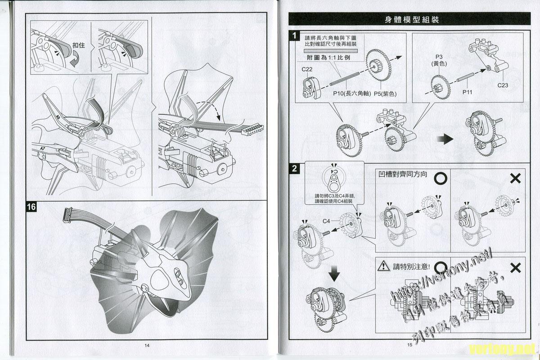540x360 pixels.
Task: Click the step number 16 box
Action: coord(31,207)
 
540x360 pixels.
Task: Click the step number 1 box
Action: coord(294,36)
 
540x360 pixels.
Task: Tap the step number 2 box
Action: coord(294,169)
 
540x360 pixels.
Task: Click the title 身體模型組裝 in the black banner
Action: coord(412,19)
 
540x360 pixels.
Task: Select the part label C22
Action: coord(307,69)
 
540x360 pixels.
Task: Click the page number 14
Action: coord(147,346)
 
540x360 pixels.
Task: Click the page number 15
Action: coord(409,346)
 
